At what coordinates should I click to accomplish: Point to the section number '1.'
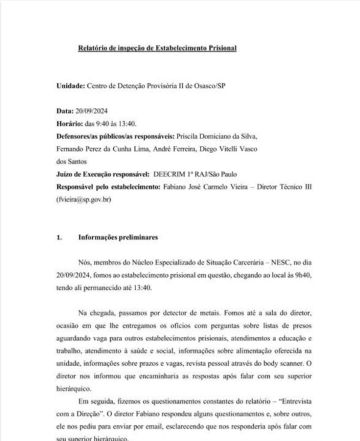(59, 237)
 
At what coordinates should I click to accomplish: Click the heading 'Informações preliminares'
(118, 237)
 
